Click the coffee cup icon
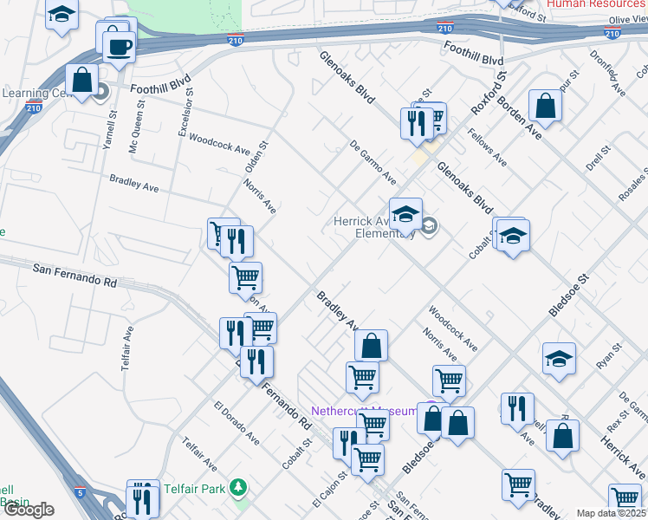click(x=119, y=45)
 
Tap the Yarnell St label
click(x=108, y=130)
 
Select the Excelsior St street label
click(x=184, y=117)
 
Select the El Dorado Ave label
click(x=237, y=423)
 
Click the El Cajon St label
click(x=329, y=490)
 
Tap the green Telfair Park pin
click(x=239, y=489)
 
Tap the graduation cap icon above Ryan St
click(x=559, y=358)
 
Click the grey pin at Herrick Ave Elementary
click(x=430, y=227)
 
